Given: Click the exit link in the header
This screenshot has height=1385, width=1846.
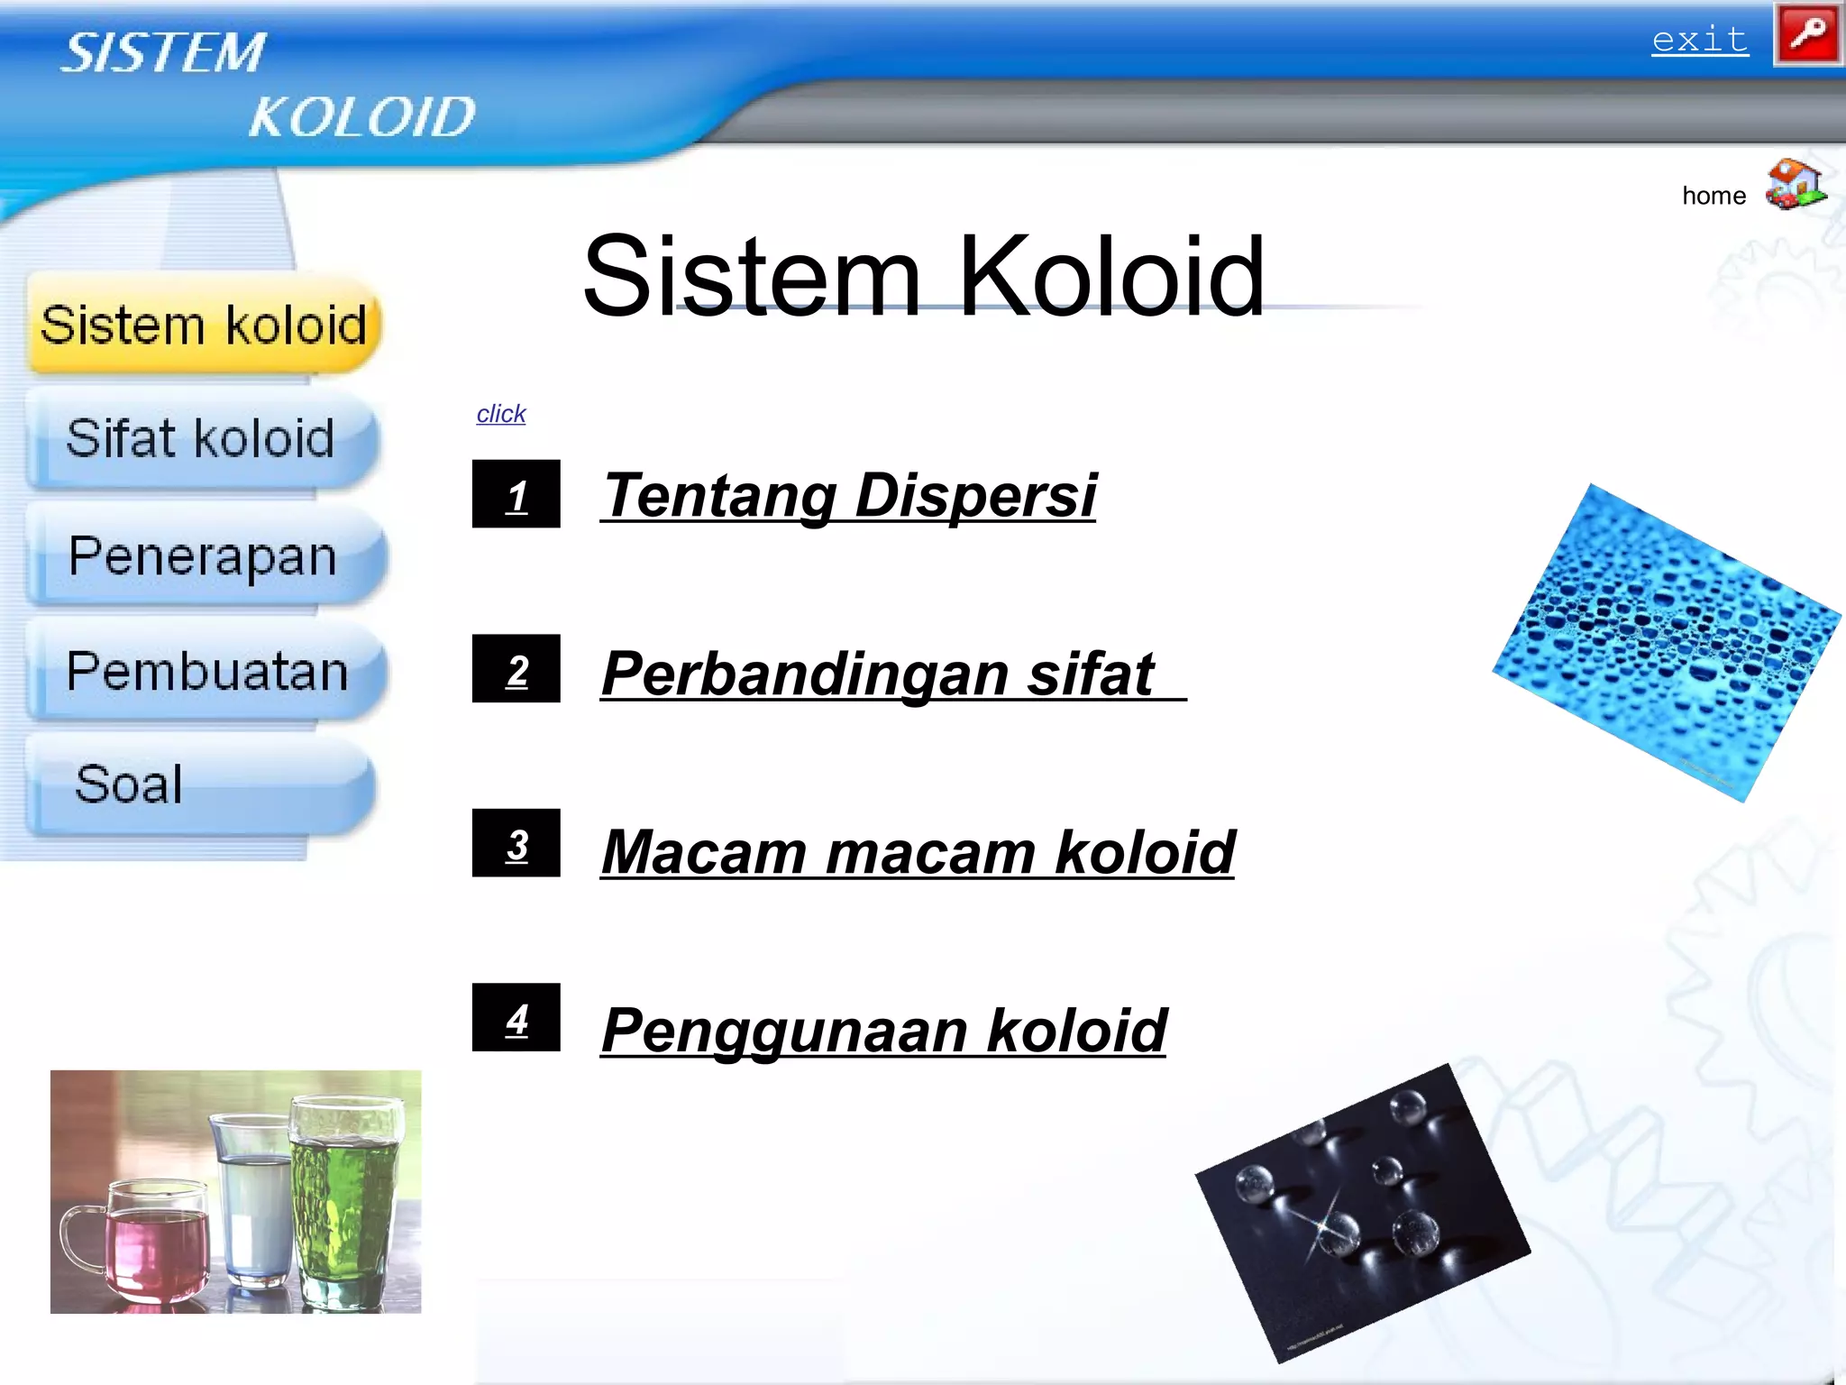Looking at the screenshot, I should pos(1699,40).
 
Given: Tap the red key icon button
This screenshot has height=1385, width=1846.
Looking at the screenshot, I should pos(1807,35).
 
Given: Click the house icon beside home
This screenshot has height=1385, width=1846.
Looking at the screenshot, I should pos(1795,185).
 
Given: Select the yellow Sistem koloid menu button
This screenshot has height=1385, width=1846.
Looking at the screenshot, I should pos(204,325).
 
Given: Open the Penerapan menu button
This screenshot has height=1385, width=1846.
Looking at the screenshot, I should pos(204,556).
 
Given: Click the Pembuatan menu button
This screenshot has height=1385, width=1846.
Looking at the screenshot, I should pos(206,672).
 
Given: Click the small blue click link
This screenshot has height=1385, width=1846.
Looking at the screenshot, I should pos(500,414).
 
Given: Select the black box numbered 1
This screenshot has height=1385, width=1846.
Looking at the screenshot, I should pos(516,494).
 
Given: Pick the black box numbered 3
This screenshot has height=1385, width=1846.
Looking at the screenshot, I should pos(516,843).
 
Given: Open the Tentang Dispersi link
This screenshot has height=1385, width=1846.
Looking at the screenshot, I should pos(848,495).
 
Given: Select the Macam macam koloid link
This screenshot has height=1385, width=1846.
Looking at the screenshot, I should pos(918,851).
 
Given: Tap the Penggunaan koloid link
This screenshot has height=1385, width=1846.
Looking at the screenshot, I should pos(883,1030).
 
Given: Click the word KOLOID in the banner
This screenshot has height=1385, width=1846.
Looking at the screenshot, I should pos(361,117).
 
